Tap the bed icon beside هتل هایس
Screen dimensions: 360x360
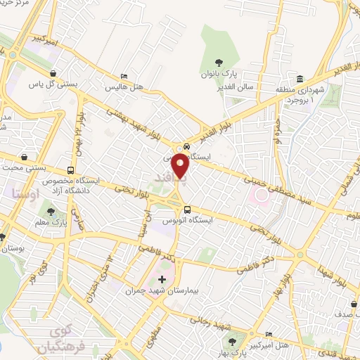tap(124, 76)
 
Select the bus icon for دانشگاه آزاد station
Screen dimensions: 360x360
tap(70, 170)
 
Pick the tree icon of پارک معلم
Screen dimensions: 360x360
tap(51, 210)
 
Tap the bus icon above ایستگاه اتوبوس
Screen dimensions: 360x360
tap(187, 209)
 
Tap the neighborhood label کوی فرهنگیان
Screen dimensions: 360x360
tap(55, 338)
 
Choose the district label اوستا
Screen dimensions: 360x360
tap(26, 191)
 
